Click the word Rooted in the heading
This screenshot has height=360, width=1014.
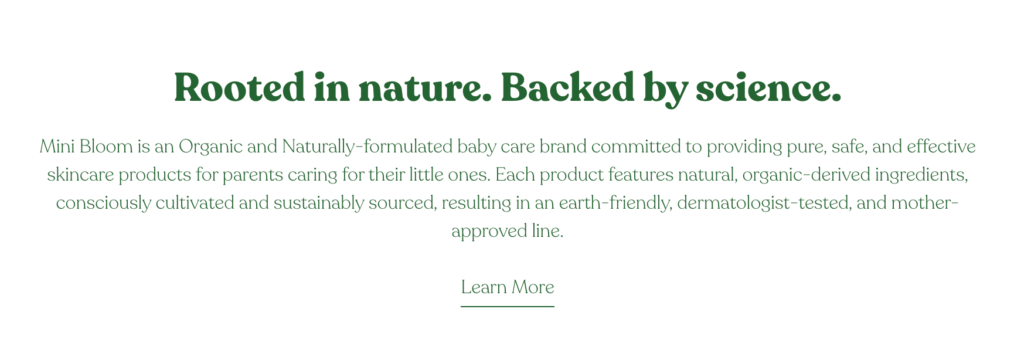[x=240, y=87]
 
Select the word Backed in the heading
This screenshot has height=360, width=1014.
[x=567, y=87]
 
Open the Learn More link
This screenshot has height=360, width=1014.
[x=508, y=287]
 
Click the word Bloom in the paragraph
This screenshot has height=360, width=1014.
[x=106, y=146]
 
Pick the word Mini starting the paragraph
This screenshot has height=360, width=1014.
[x=57, y=146]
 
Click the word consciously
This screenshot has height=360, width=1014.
[x=103, y=203]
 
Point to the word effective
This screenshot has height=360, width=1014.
[x=941, y=146]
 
